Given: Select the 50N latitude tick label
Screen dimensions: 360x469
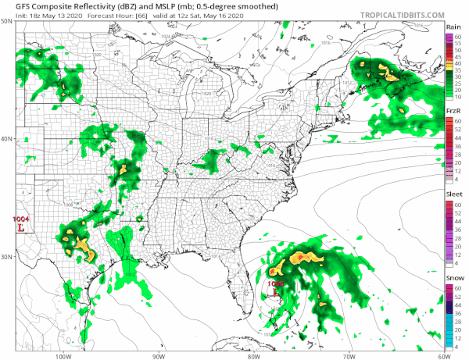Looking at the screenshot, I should pyautogui.click(x=7, y=22).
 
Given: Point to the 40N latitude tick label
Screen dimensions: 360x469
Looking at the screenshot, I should pyautogui.click(x=7, y=139).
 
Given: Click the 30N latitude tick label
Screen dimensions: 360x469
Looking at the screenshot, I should pyautogui.click(x=7, y=256).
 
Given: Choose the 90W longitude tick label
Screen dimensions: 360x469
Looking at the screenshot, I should pyautogui.click(x=158, y=354).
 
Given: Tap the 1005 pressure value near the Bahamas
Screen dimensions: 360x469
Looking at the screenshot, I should pyautogui.click(x=275, y=283).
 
